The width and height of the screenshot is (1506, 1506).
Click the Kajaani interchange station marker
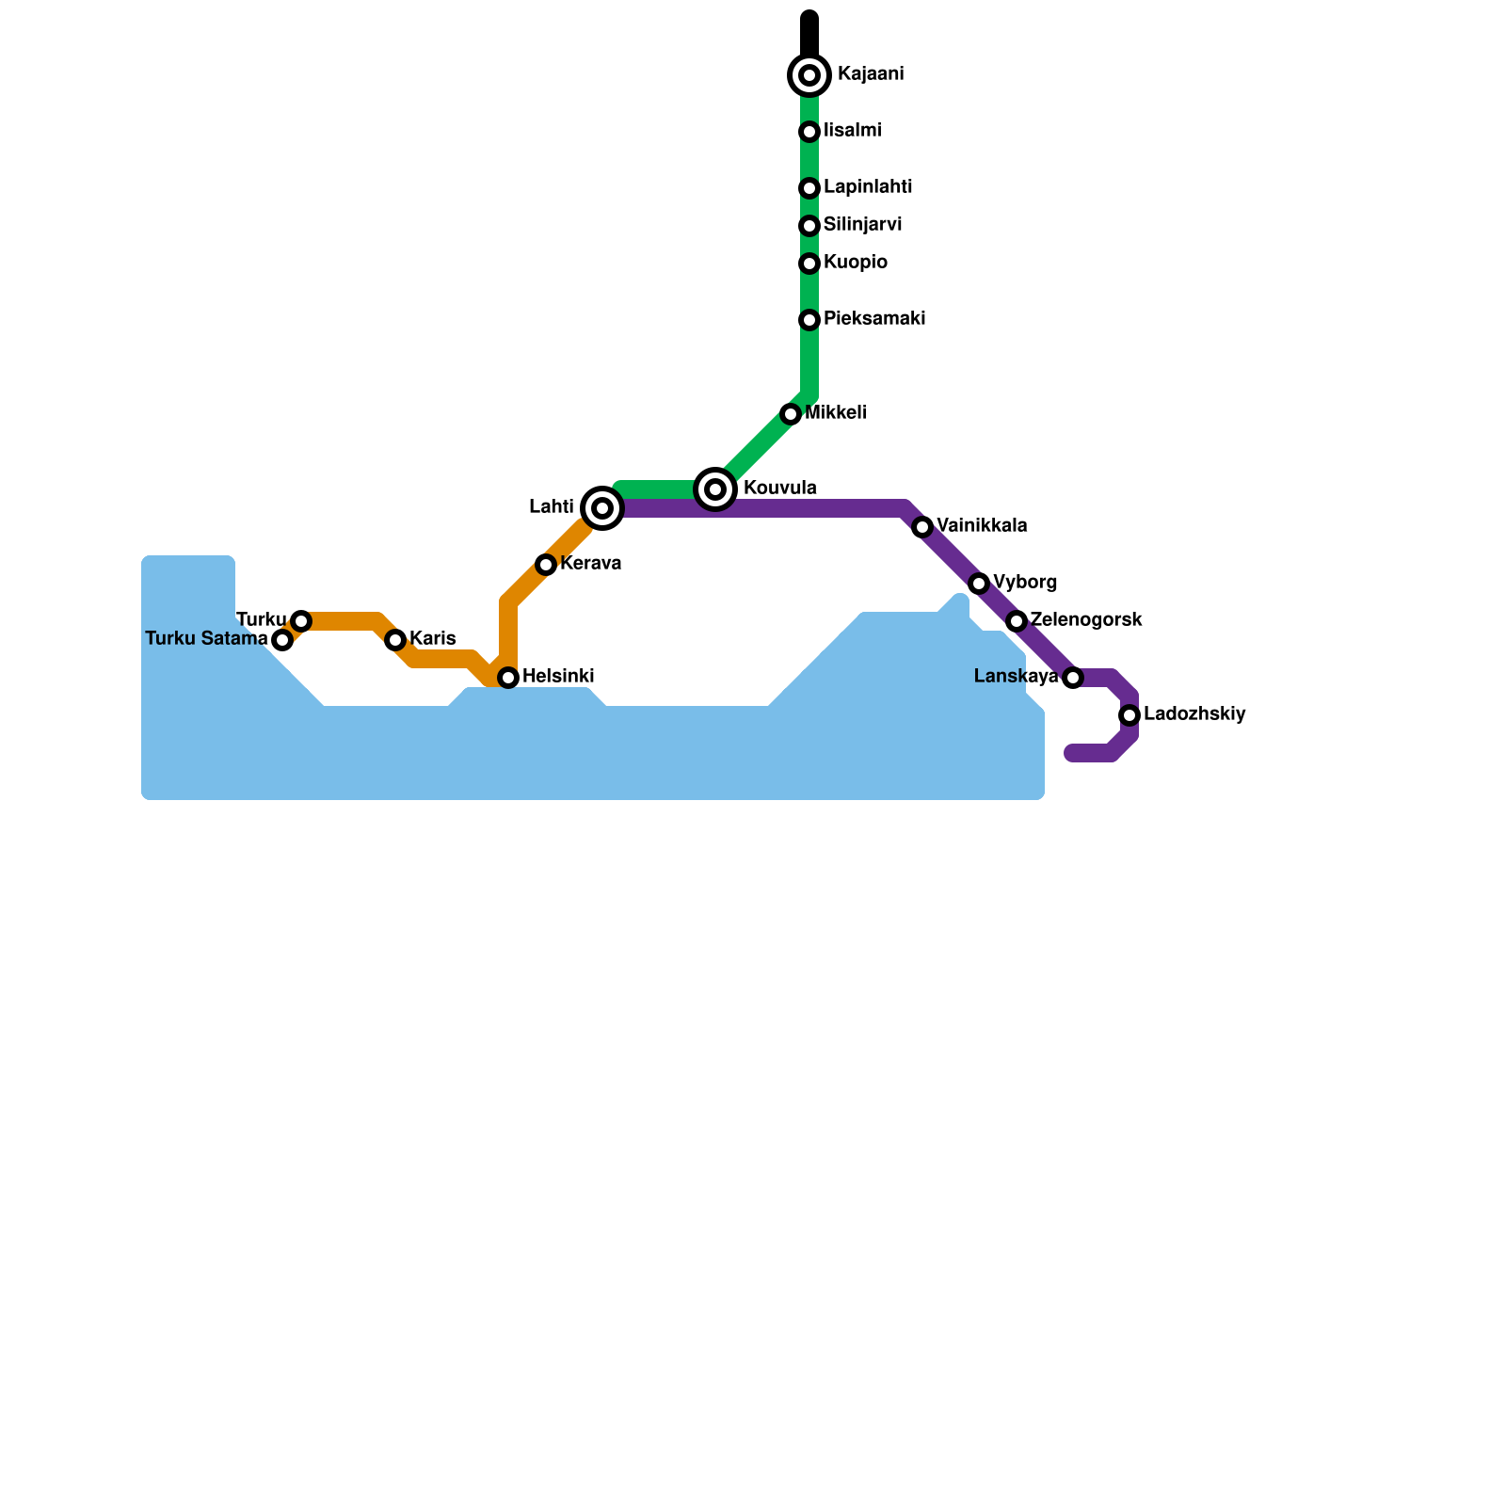tap(809, 75)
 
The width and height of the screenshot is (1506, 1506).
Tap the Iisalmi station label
tap(852, 131)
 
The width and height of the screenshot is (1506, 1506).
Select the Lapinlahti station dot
tap(809, 189)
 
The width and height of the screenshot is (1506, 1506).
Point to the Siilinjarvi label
tap(862, 225)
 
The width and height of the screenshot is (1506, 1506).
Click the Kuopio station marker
tap(809, 264)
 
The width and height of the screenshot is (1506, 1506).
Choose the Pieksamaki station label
tap(873, 319)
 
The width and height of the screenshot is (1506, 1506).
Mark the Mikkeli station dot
tap(791, 414)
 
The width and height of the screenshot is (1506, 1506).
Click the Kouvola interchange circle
tap(715, 489)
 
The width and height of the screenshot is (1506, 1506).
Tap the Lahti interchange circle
tap(602, 508)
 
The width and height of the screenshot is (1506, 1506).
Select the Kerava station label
tap(590, 564)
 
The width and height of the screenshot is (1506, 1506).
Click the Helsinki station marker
tap(508, 678)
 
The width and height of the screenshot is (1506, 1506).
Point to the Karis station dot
tap(395, 640)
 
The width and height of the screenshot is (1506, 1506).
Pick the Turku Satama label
tap(206, 639)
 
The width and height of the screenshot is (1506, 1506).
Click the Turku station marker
tap(301, 621)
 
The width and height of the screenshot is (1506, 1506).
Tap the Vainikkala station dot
tap(922, 527)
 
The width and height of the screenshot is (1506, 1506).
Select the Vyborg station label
tap(1024, 583)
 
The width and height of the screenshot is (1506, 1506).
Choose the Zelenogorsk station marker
tap(1017, 621)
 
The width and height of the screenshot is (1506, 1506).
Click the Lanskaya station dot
tap(1073, 678)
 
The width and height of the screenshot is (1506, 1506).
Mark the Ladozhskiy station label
tap(1194, 714)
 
